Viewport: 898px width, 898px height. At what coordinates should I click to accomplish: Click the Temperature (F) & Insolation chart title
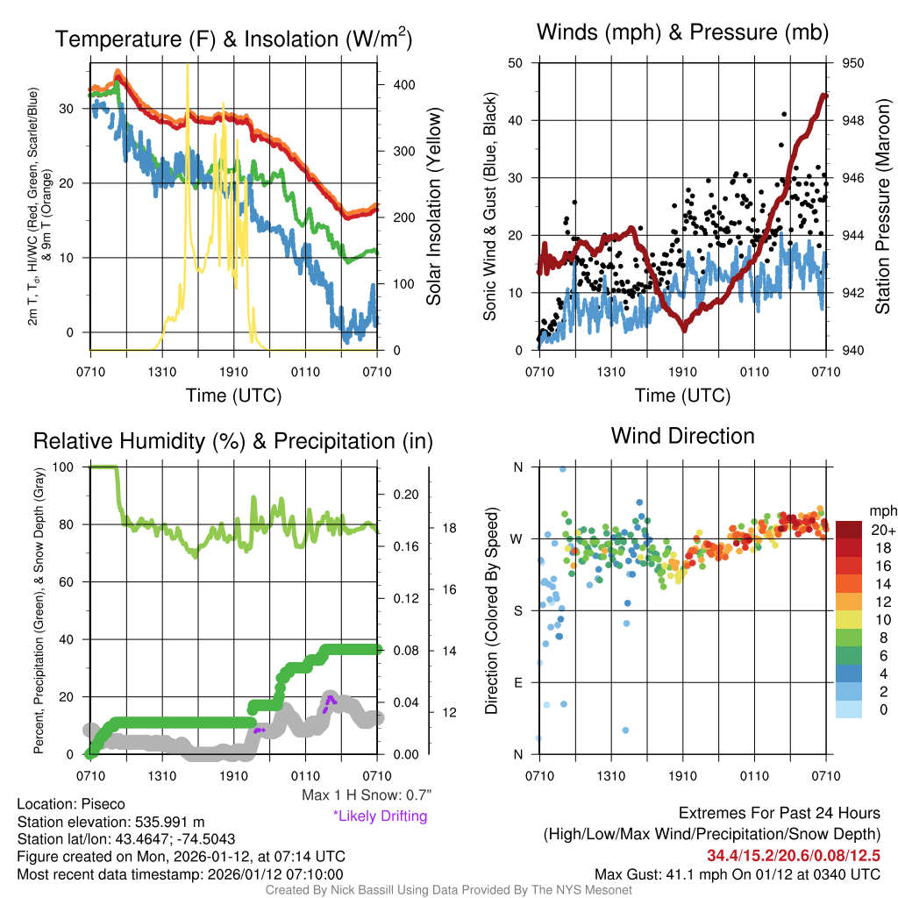[233, 39]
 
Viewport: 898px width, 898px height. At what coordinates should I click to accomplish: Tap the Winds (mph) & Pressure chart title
[682, 33]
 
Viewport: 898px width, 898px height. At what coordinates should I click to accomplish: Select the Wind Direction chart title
[682, 436]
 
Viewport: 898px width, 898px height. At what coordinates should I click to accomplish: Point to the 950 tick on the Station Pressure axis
[852, 63]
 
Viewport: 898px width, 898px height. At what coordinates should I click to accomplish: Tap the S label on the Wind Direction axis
[517, 610]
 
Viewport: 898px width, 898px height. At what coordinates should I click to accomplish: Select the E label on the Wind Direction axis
[517, 682]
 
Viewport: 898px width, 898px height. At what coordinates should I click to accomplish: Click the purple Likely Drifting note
[380, 816]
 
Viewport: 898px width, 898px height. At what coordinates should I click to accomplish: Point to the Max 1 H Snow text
[367, 795]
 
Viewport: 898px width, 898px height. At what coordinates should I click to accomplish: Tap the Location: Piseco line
[71, 804]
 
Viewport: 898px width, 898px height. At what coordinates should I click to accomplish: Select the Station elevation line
[110, 822]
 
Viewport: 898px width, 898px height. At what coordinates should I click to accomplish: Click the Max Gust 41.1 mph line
[737, 873]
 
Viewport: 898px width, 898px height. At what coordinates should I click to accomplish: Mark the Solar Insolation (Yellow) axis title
[434, 206]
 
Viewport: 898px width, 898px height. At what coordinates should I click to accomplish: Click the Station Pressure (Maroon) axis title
[883, 206]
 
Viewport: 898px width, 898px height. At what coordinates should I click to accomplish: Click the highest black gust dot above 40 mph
[784, 114]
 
